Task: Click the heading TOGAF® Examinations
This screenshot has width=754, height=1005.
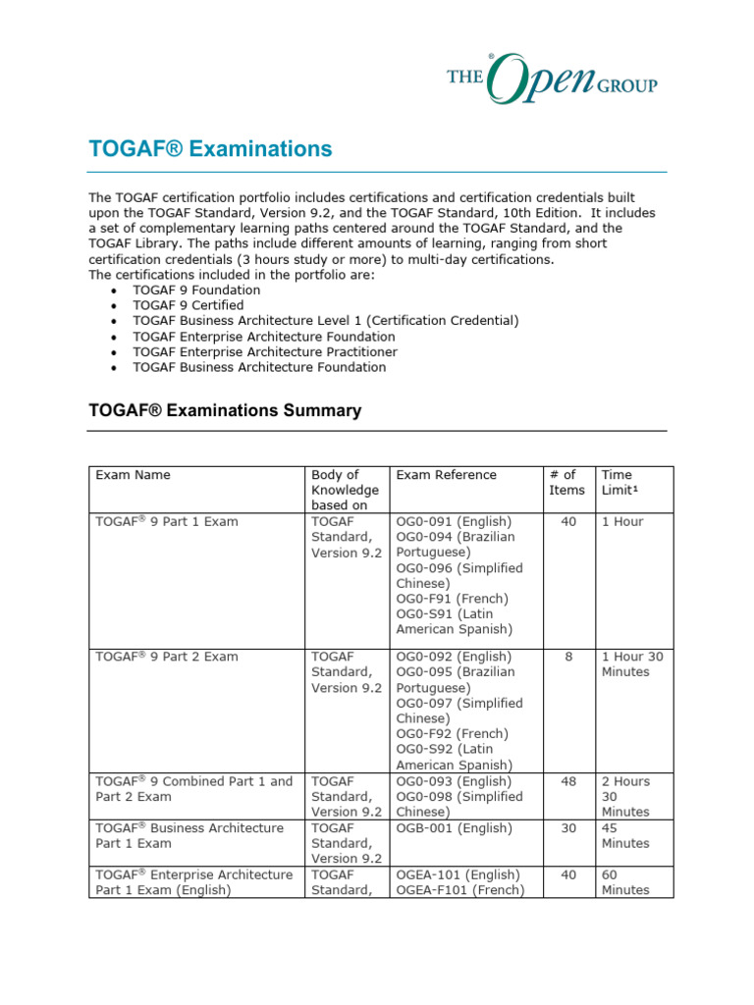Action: pyautogui.click(x=210, y=149)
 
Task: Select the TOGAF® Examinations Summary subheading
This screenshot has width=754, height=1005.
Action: pyautogui.click(x=225, y=410)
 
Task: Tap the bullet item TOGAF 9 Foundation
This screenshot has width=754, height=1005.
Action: pyautogui.click(x=196, y=291)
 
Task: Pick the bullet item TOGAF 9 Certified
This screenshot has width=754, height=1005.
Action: pyautogui.click(x=188, y=305)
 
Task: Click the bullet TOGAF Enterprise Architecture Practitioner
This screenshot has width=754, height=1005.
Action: pyautogui.click(x=265, y=351)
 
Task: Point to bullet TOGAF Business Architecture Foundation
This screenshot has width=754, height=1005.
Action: pyautogui.click(x=259, y=367)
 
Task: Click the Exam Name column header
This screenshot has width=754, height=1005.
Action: pyautogui.click(x=133, y=475)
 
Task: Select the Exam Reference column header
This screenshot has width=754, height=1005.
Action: pyautogui.click(x=446, y=475)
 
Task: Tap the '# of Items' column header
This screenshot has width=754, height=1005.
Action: pyautogui.click(x=566, y=482)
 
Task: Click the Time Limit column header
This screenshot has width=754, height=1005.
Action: pyautogui.click(x=618, y=482)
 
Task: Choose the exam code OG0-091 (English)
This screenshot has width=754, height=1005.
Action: pyautogui.click(x=453, y=522)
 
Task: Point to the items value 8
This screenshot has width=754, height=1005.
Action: pyautogui.click(x=568, y=657)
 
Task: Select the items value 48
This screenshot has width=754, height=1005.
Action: pyautogui.click(x=568, y=781)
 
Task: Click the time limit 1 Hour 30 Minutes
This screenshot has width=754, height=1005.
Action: pyautogui.click(x=631, y=664)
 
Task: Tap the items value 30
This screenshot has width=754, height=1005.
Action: pyautogui.click(x=568, y=828)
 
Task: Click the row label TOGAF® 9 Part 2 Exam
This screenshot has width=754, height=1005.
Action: pyautogui.click(x=166, y=657)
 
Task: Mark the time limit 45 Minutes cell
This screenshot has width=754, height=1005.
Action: pyautogui.click(x=624, y=835)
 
